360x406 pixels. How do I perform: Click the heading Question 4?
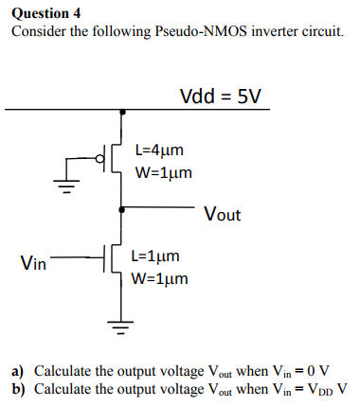coord(45,12)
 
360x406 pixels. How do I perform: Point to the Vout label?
coord(223,214)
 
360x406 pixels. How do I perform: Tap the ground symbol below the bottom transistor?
coord(119,328)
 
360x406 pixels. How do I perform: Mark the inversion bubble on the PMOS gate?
coord(101,159)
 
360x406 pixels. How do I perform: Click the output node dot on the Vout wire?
coord(120,207)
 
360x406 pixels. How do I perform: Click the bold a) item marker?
coord(17,370)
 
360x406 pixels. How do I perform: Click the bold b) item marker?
coord(17,388)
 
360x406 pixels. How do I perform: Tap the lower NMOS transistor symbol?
coord(113,256)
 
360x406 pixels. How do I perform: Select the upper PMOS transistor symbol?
coord(114,159)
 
